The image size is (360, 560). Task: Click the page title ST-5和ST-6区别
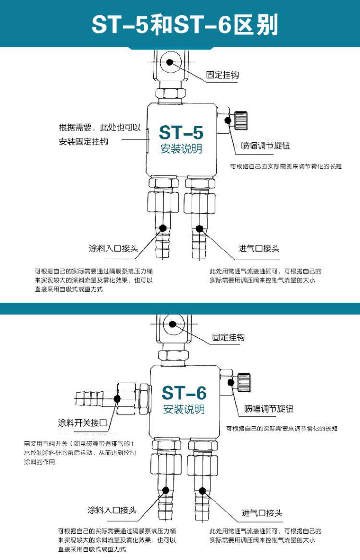185,24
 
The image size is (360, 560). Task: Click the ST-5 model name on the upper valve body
181,132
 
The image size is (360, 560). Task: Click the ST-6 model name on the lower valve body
184,393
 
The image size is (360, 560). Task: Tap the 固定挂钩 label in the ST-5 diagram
222,75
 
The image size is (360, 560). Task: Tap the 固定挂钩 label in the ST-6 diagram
228,337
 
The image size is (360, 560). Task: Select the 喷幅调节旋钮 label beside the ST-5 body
265,146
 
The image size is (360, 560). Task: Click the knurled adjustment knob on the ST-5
240,119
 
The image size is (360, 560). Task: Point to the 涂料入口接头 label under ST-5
113,249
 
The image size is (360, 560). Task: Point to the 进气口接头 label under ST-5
259,249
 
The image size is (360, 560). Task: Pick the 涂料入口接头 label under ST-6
112,510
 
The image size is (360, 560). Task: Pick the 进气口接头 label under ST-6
262,513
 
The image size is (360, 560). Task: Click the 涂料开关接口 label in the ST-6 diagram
82,423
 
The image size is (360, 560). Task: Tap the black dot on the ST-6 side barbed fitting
117,397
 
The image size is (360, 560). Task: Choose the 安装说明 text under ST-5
181,149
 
